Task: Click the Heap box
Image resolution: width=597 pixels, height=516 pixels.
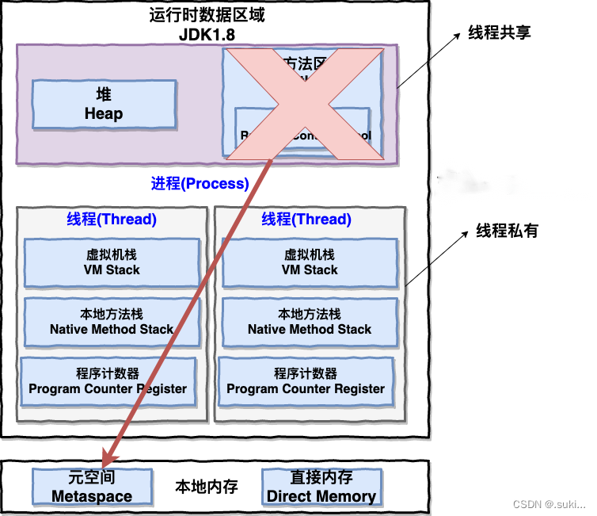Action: pyautogui.click(x=104, y=104)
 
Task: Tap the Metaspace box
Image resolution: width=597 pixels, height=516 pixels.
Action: pyautogui.click(x=92, y=487)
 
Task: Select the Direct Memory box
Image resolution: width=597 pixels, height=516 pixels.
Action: pyautogui.click(x=321, y=487)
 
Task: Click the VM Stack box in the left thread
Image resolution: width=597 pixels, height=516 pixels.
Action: pyautogui.click(x=112, y=262)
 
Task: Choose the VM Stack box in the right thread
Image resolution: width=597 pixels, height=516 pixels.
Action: pyautogui.click(x=310, y=262)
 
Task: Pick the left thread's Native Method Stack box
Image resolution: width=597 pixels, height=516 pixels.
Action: pyautogui.click(x=112, y=322)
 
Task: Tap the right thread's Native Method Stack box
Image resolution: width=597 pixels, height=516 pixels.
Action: pyautogui.click(x=310, y=322)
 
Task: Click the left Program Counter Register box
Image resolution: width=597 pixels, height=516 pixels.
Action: pyautogui.click(x=108, y=381)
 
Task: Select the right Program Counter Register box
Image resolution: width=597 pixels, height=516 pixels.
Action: pyautogui.click(x=306, y=381)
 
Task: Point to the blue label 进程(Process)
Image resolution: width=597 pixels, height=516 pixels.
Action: pyautogui.click(x=200, y=184)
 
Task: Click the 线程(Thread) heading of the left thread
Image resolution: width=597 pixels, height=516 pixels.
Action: pyautogui.click(x=112, y=220)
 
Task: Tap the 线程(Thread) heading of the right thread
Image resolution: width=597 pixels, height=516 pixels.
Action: pyautogui.click(x=306, y=220)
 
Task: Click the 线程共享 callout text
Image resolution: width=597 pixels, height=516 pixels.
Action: pyautogui.click(x=499, y=32)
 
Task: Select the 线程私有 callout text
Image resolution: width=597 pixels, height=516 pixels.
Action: pyautogui.click(x=507, y=231)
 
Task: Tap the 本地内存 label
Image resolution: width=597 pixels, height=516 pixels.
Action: pyautogui.click(x=207, y=486)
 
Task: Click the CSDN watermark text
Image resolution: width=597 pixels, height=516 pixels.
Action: pyautogui.click(x=549, y=504)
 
